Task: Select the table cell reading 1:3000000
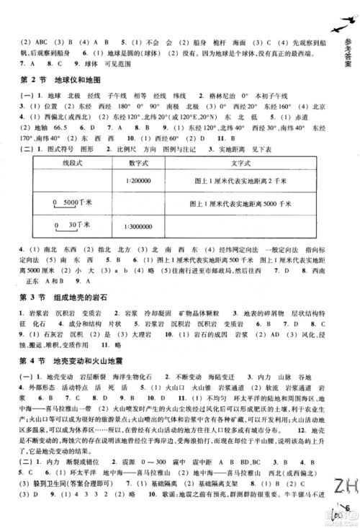140,233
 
